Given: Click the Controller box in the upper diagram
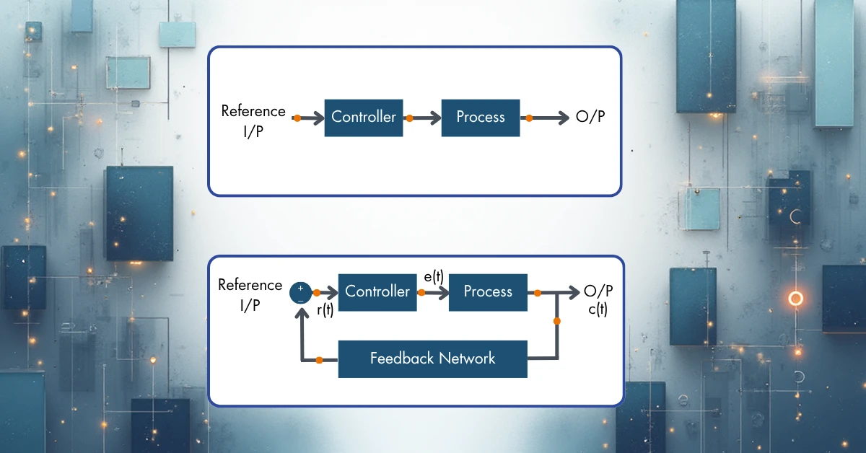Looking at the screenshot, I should pos(364,117).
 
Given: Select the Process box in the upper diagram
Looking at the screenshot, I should pos(481,117).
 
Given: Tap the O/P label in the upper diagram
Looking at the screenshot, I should pos(590,118).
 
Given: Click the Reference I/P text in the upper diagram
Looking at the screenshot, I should pos(253,121).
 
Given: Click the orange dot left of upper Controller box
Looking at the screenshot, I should pos(297,118).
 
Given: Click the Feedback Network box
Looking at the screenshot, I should pos(433,358).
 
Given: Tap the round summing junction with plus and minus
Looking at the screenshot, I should pos(300,292).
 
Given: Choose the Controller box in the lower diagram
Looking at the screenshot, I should pos(377,291).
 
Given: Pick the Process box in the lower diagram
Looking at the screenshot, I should pos(488,291).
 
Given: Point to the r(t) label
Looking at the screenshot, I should pos(325,310).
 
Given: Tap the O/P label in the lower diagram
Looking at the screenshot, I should pos(598,291).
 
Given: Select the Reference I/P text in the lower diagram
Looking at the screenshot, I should pos(250,294).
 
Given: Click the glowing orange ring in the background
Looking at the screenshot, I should pos(796,298).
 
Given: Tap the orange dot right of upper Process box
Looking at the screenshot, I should pos(529,118).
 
